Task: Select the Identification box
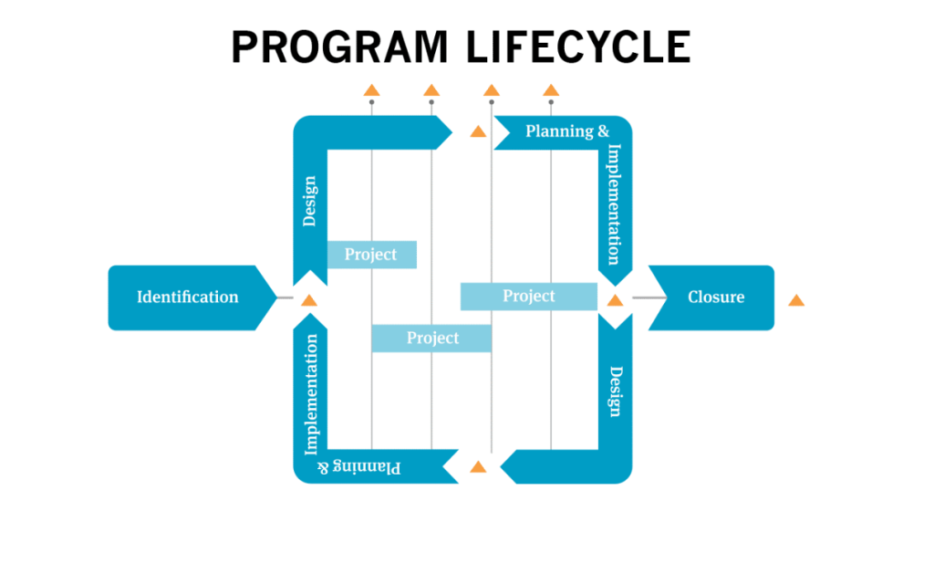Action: pyautogui.click(x=188, y=297)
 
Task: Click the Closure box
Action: pyautogui.click(x=715, y=297)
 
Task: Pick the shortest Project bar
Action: pyautogui.click(x=371, y=255)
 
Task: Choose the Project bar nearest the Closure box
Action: pyautogui.click(x=529, y=296)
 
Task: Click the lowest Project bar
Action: pyautogui.click(x=431, y=338)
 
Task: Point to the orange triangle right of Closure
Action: pyautogui.click(x=796, y=300)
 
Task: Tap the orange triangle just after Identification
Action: pyautogui.click(x=309, y=300)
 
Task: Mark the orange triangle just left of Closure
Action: pyautogui.click(x=615, y=300)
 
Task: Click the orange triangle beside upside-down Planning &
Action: pyautogui.click(x=477, y=467)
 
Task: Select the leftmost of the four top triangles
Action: pyautogui.click(x=371, y=90)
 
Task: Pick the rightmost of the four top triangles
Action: pyautogui.click(x=550, y=90)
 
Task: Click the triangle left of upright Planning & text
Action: pyautogui.click(x=477, y=132)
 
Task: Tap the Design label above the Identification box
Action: pyautogui.click(x=309, y=201)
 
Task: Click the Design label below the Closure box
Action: pyautogui.click(x=616, y=391)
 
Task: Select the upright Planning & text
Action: pyautogui.click(x=566, y=131)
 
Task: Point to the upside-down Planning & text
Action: pyautogui.click(x=359, y=466)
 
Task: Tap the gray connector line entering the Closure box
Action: pyautogui.click(x=649, y=297)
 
